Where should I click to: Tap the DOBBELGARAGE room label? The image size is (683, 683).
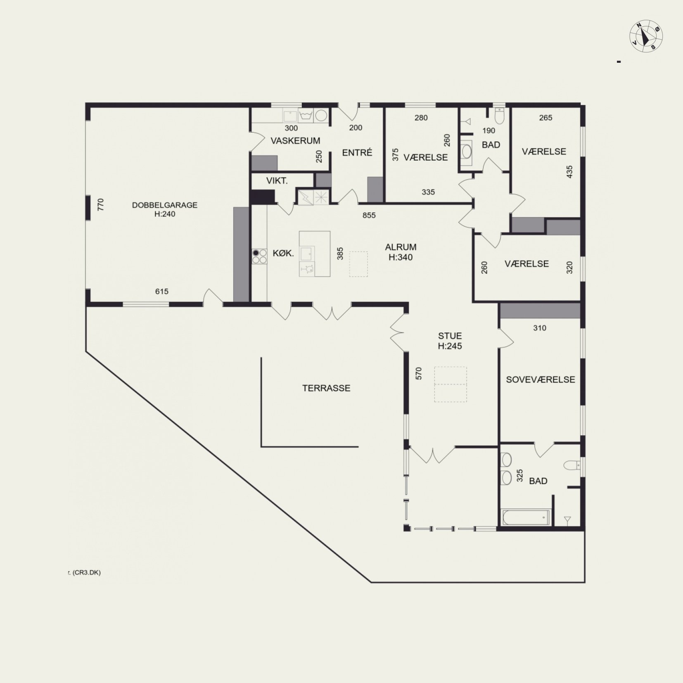click(x=165, y=205)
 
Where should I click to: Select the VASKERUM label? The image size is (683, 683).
click(x=295, y=141)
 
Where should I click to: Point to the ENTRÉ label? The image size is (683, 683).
click(x=357, y=152)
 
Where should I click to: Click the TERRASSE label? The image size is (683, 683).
click(x=326, y=388)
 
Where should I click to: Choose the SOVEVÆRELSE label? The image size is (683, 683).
click(x=541, y=379)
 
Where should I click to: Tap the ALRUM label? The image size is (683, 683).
click(x=401, y=247)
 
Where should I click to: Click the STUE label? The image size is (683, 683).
click(x=450, y=336)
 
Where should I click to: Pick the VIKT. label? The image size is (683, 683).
click(x=277, y=180)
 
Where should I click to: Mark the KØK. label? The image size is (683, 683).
click(x=283, y=253)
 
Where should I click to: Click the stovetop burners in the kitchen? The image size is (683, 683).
click(x=259, y=256)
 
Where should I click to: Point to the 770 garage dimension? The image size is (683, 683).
click(x=100, y=205)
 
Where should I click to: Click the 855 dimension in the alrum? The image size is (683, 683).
click(x=369, y=215)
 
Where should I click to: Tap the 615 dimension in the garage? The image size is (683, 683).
click(x=161, y=292)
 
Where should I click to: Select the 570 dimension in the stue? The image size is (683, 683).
click(x=418, y=374)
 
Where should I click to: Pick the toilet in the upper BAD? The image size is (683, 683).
click(x=500, y=116)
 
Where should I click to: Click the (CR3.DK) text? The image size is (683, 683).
click(x=85, y=572)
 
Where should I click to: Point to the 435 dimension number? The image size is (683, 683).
click(x=570, y=172)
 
